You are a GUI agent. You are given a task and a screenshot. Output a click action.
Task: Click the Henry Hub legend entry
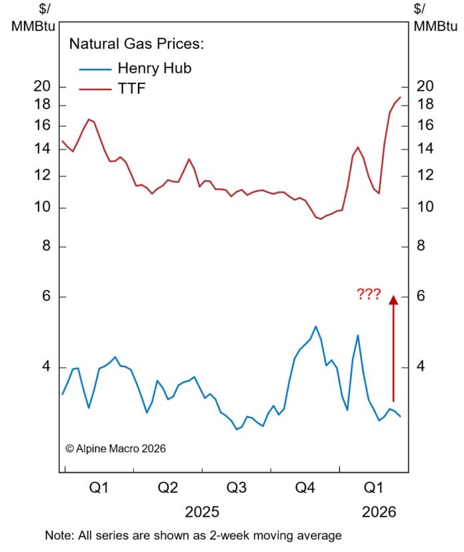154,68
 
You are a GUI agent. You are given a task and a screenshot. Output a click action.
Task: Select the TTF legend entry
131,89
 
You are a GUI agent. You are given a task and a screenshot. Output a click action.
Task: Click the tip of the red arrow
393,298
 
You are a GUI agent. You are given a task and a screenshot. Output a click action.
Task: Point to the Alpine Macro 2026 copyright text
115,449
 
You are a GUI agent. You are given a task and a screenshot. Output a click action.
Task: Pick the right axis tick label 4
420,366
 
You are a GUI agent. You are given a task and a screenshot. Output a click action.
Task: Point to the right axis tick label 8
420,246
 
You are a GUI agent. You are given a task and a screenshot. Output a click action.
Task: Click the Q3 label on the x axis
237,488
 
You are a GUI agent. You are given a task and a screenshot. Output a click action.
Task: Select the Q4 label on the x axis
305,488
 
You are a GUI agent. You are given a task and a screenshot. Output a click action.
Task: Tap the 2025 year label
202,512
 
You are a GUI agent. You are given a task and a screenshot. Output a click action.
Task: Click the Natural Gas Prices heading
137,45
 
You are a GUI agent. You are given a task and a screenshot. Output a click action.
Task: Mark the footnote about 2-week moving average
193,535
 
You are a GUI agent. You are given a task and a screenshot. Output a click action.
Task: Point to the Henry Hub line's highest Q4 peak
315,326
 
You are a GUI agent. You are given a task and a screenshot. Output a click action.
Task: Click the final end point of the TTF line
400,97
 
